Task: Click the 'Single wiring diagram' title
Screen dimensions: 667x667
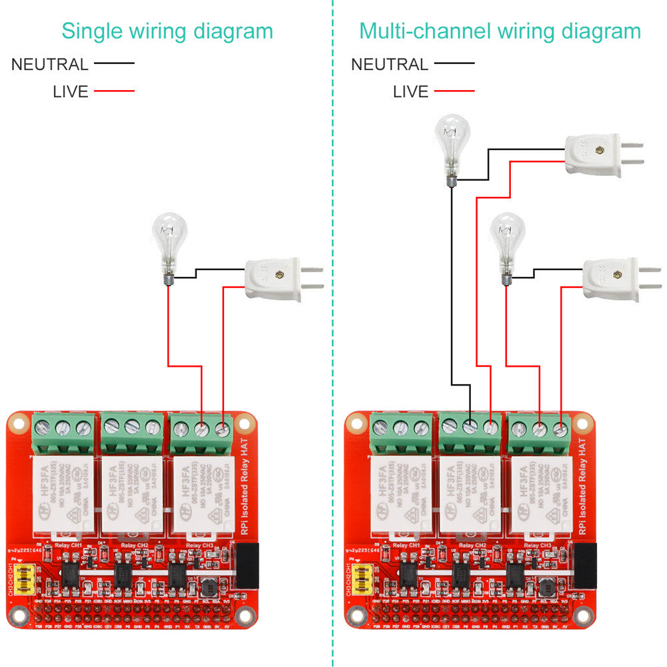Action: click(167, 31)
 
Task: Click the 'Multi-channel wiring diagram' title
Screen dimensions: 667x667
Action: click(500, 31)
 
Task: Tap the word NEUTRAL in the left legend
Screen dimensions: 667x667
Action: click(49, 65)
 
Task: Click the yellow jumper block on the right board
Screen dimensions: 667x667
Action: click(364, 579)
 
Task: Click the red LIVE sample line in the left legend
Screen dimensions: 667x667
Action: click(114, 91)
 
